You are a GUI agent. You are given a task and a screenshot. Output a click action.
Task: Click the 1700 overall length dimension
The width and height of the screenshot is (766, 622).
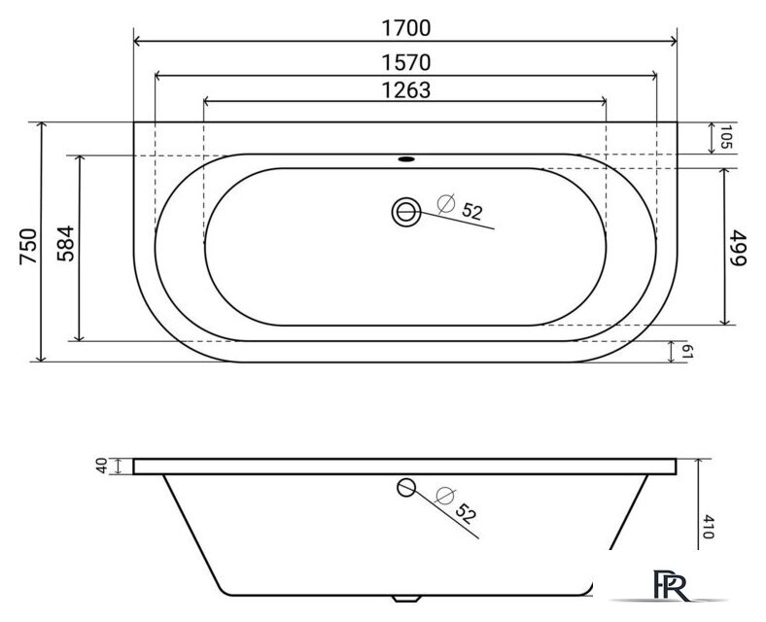(404, 28)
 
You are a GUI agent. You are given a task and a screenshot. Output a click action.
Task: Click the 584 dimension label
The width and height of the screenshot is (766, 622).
(64, 246)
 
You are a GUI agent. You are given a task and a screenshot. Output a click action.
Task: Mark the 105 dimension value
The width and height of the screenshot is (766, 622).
(723, 138)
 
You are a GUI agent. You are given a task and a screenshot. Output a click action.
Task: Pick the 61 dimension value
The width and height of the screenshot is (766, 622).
(686, 351)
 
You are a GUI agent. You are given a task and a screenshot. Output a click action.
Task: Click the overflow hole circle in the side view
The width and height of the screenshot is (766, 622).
(406, 488)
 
